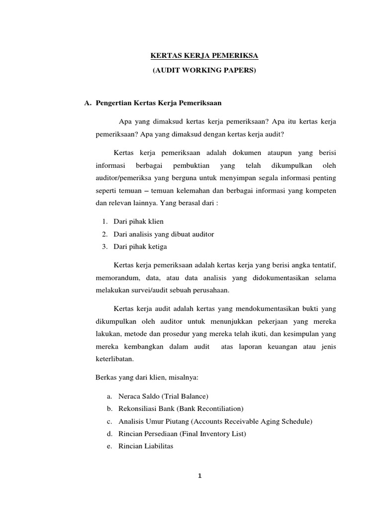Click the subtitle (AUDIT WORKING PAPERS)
204,71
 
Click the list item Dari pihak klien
138,221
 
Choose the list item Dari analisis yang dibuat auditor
164,234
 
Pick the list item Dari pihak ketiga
140,247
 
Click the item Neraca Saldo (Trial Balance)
163,396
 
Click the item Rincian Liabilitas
146,446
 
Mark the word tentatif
322,264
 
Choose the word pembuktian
191,165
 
